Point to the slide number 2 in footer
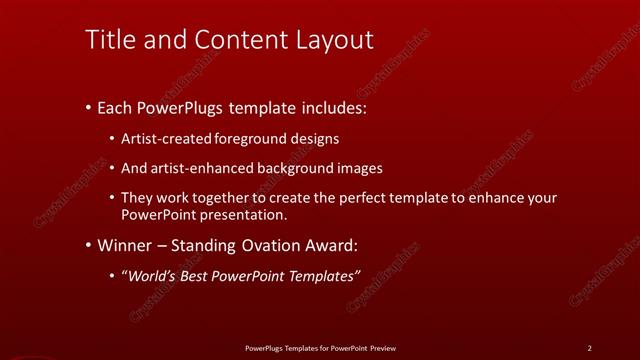click(589, 347)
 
